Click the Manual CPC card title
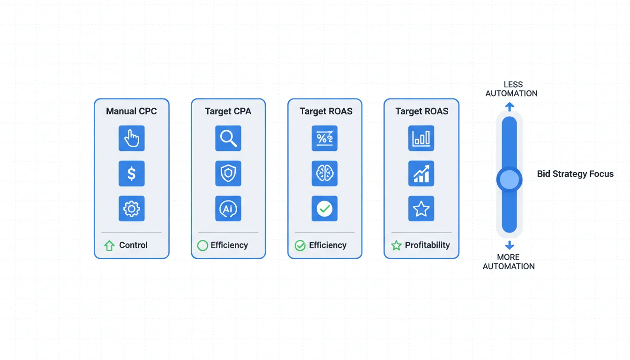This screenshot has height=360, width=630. pos(131,112)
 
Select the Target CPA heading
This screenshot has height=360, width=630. pos(228,112)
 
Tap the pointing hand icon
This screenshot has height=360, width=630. pos(132,138)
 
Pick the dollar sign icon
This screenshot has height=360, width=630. pos(132,173)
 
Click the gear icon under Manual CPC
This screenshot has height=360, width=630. pos(132,209)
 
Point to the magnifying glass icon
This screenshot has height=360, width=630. pos(228,138)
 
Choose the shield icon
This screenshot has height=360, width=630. pos(228,173)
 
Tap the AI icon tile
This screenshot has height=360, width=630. pos(228,209)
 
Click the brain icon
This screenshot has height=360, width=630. pos(324,173)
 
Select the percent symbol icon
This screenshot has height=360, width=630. pos(324,138)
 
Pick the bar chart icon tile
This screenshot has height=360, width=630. pos(421,138)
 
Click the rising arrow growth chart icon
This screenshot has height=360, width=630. pos(421,173)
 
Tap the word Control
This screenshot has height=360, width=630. pos(133,245)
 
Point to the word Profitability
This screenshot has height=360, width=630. pos(427,245)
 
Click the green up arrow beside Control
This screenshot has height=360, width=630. pos(109,246)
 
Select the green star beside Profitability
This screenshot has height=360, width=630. pos(396,245)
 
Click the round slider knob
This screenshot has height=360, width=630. pos(510,179)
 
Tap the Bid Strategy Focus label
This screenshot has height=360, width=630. pos(575,174)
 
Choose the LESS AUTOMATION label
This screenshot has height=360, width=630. pos(511,89)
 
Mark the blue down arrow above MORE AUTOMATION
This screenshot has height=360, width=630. pos(510,246)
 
